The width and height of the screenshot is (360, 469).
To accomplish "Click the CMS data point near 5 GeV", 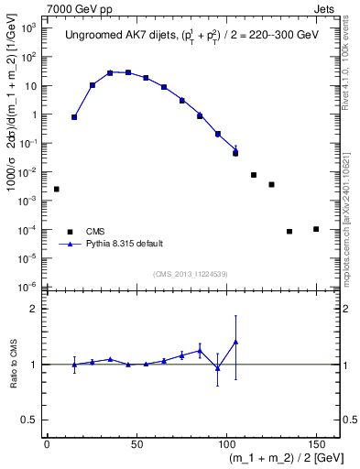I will coord(56,189).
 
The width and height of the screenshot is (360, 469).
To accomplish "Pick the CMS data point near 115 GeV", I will coord(254,175).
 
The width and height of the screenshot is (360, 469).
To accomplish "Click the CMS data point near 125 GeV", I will coord(271,184).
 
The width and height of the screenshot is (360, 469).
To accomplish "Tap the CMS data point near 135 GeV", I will coord(289,231).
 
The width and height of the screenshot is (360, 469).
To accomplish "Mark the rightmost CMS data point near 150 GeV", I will coord(316,229).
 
